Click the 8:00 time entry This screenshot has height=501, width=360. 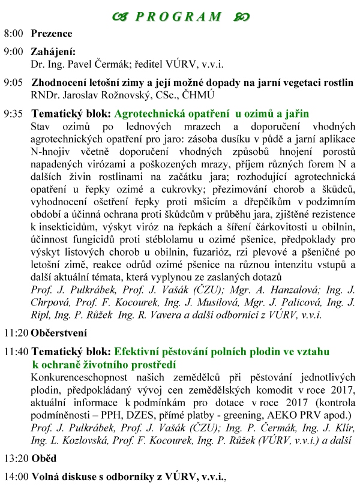point(14,34)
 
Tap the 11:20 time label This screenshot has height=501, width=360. point(16,332)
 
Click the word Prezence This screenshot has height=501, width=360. point(52,34)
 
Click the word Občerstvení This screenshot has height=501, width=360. point(58,332)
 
